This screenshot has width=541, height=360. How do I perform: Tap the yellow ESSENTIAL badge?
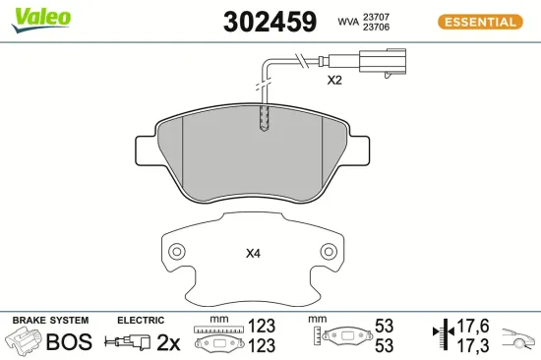click(477, 22)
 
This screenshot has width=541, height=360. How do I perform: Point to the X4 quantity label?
click(253, 253)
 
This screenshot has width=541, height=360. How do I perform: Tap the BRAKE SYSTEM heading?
click(49, 321)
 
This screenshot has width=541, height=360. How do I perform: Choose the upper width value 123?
click(261, 326)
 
